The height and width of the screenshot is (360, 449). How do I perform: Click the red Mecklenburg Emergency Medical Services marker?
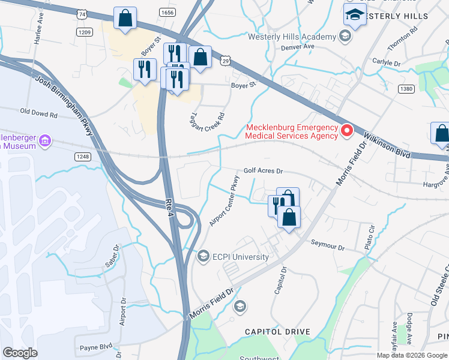(x=346, y=130)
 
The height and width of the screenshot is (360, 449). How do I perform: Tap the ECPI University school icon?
(x=203, y=257)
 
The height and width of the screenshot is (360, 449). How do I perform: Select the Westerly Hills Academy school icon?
(x=345, y=37)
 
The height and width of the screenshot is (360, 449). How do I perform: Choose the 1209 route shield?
(x=83, y=32)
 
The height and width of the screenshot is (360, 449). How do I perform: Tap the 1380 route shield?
(x=407, y=89)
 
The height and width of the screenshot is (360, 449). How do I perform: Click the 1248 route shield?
(x=83, y=157)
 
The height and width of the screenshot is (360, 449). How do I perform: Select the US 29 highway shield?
(x=225, y=61)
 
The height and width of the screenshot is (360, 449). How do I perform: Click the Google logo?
(x=20, y=352)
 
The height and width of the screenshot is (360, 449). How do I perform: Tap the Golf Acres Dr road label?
(x=262, y=171)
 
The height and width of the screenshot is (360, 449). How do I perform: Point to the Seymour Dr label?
(x=328, y=247)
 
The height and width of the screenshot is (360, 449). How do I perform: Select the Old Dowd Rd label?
(x=38, y=112)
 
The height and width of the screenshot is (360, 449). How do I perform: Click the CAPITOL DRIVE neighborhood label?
(x=277, y=332)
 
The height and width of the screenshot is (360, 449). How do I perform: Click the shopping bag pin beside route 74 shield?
(x=125, y=19)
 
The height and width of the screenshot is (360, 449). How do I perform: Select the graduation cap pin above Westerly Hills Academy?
(x=355, y=15)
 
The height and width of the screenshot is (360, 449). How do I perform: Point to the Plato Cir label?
(x=372, y=234)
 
